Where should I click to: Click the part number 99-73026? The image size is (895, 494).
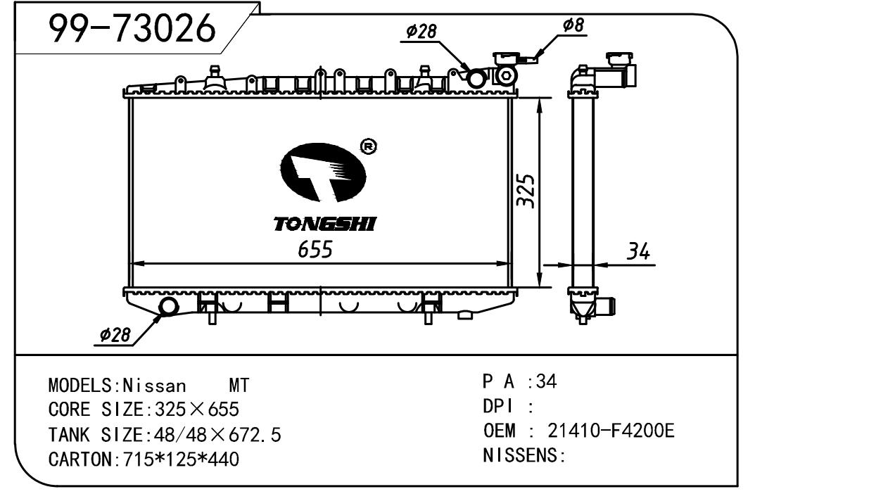coord(132,29)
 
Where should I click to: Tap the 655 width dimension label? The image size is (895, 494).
coord(315,249)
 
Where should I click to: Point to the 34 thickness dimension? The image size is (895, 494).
coord(637,251)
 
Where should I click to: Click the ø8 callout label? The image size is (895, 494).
coord(573,26)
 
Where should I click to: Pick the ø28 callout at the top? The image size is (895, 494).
coord(421,31)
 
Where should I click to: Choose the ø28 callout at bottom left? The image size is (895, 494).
coord(115,336)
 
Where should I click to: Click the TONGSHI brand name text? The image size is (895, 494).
coord(324,224)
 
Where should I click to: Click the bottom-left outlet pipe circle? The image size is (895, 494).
coord(170,307)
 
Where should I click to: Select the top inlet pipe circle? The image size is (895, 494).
coord(477,78)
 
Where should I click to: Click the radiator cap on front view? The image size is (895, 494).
coord(505,57)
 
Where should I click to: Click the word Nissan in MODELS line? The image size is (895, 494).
coord(155,386)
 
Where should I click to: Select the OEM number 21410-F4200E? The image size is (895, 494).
coord(611,430)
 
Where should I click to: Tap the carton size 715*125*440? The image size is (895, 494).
coord(181,460)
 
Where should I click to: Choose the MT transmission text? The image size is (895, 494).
coord(239,386)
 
